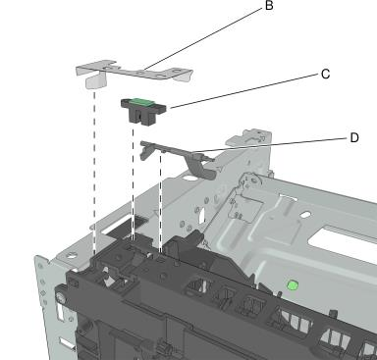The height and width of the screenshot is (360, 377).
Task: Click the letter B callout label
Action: tap(269, 6)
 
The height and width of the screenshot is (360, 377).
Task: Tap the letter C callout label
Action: tap(325, 75)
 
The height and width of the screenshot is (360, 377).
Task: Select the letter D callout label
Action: tap(354, 138)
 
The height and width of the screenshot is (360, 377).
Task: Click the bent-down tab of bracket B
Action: tap(96, 80)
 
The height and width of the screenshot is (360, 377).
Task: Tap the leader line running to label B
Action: tap(203, 37)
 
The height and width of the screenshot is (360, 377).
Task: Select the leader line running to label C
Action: tap(244, 91)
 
